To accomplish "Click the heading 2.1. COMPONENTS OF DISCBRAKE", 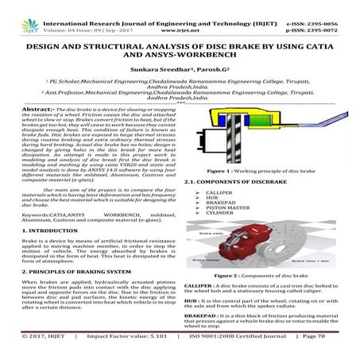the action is pyautogui.click(x=227, y=180).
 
